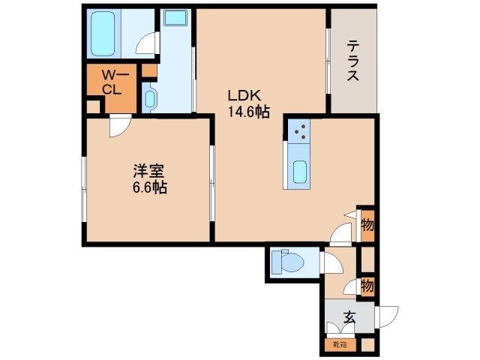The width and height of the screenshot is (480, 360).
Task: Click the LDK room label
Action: (243, 96)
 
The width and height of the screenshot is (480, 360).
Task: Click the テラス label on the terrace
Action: (352, 61)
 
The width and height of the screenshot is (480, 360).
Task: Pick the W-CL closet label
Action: (112, 82)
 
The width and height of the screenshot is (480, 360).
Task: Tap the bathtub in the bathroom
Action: (102, 34)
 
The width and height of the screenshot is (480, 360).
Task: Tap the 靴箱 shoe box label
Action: (340, 345)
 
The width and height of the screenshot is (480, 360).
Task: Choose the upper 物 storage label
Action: (367, 223)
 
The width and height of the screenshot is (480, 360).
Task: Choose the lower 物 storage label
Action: (367, 285)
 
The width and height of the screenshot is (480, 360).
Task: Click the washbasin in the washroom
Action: (148, 99)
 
